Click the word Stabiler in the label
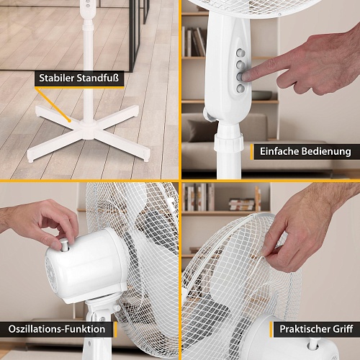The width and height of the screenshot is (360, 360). pos(56,78)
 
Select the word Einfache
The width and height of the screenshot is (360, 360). pos(279,151)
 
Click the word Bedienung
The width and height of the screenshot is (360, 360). pos(326,152)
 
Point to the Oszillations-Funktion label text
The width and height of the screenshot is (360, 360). pos(57,329)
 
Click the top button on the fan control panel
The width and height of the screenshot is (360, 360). pos(240,53)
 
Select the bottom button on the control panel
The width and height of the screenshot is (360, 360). pos(240,89)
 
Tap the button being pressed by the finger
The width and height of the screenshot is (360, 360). pos(240,77)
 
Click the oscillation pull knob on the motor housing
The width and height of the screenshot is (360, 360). pos(64,245)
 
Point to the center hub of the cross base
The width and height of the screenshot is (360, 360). pos(88,129)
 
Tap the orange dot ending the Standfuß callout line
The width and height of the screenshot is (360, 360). pos(69,121)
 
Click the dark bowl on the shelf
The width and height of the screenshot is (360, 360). pos(262,95)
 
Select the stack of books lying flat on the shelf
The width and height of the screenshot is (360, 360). pos(242,204)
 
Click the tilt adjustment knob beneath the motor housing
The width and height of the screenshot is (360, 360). pos(117,307)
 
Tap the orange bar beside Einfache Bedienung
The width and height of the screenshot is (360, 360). pos(252,152)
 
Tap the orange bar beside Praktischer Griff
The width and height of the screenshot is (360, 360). pos(271,329)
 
